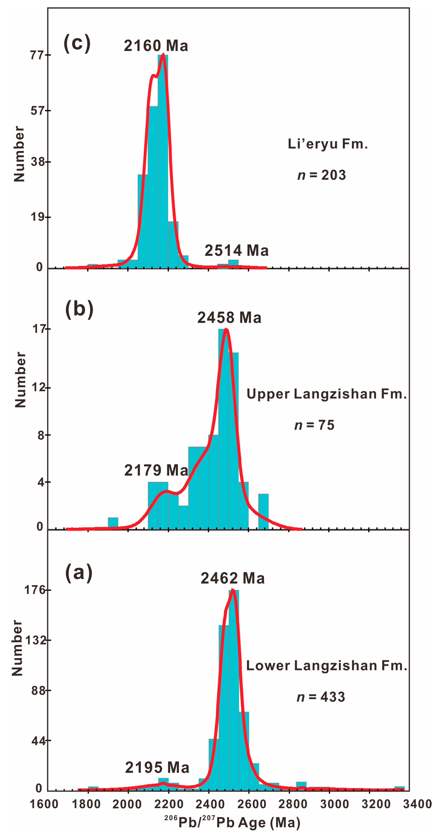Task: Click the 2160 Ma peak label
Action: click(156, 46)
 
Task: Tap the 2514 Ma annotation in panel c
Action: click(236, 251)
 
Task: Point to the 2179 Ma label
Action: click(156, 470)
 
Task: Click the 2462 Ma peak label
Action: click(233, 578)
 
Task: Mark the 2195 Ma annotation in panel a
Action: click(157, 768)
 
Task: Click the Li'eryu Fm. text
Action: click(328, 144)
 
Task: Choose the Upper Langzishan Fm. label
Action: click(326, 394)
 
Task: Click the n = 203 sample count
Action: click(322, 175)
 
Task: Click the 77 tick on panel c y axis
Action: click(37, 55)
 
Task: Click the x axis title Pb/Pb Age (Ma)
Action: click(232, 822)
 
